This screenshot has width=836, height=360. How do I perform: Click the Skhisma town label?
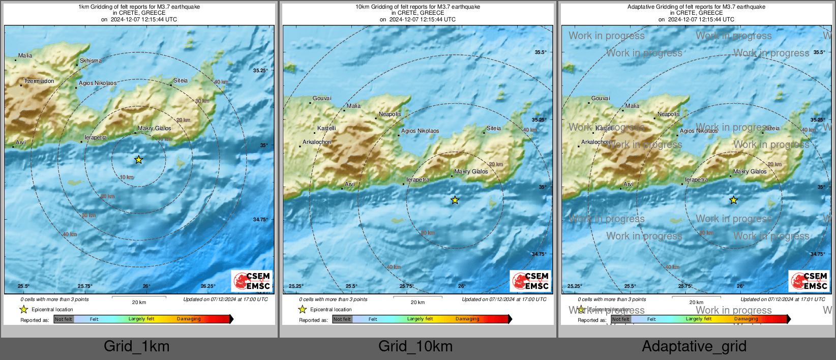[x=91, y=61]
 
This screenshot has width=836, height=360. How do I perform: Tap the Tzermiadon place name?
[x=39, y=81]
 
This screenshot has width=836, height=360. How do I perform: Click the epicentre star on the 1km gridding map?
[x=138, y=160]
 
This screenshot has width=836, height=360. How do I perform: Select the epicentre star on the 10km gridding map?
[x=455, y=200]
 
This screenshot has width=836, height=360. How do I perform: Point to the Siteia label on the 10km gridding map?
[x=493, y=128]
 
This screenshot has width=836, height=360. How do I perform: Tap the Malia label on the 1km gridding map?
[x=25, y=55]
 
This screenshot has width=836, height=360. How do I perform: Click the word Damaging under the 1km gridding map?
[x=189, y=319]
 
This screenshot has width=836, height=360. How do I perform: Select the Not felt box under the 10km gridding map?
[x=342, y=319]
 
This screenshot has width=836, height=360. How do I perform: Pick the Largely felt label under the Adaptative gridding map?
[x=698, y=319]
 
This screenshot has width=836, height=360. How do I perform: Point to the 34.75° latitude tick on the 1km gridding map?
[x=260, y=220]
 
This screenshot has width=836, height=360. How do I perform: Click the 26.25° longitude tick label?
[x=207, y=286]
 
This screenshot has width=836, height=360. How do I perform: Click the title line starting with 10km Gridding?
[x=417, y=7]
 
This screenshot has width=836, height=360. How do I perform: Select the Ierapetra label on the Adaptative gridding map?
[x=696, y=179]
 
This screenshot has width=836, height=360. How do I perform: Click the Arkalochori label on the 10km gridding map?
[x=317, y=142]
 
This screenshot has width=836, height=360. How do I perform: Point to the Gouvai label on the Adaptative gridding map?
[x=601, y=98]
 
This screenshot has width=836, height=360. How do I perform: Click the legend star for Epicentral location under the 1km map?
[x=23, y=309]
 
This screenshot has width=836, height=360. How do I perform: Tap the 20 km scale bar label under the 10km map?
[x=417, y=303]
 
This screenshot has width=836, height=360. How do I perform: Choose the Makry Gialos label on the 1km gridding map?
[x=155, y=128]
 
